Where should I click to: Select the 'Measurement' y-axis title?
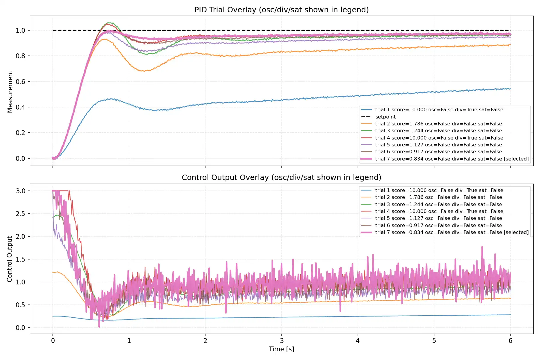10,91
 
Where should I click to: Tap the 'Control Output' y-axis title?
10,259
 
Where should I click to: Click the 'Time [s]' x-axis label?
281,349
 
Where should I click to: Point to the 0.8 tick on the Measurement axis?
20,56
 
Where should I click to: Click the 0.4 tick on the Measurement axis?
20,107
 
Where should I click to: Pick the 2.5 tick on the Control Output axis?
20,214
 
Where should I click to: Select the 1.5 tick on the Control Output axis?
20,259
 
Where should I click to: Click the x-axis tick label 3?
282,340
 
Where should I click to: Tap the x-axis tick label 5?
434,340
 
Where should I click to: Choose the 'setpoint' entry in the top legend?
385,117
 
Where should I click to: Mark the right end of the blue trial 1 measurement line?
510,89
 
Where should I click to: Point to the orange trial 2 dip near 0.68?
144,71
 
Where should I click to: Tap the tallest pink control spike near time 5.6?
482,247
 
